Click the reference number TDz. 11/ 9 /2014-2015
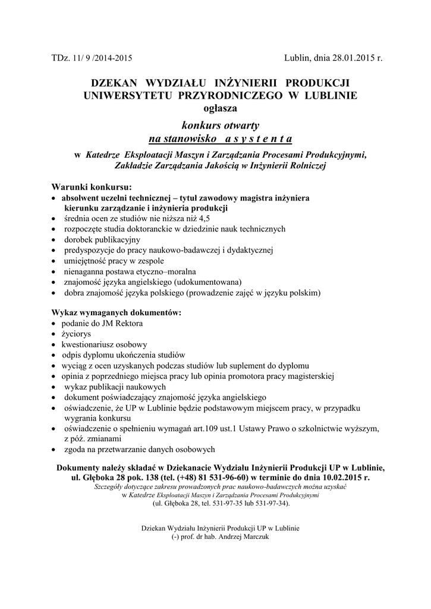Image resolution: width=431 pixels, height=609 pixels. [x=92, y=58]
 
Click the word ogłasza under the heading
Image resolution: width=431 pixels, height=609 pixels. [x=220, y=108]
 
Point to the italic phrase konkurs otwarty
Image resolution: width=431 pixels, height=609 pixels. [x=220, y=125]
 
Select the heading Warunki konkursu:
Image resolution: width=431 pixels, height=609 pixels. [x=92, y=187]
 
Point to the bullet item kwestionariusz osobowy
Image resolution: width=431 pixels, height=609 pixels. [x=104, y=344]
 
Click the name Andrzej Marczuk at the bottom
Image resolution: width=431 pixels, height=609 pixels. [x=247, y=536]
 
